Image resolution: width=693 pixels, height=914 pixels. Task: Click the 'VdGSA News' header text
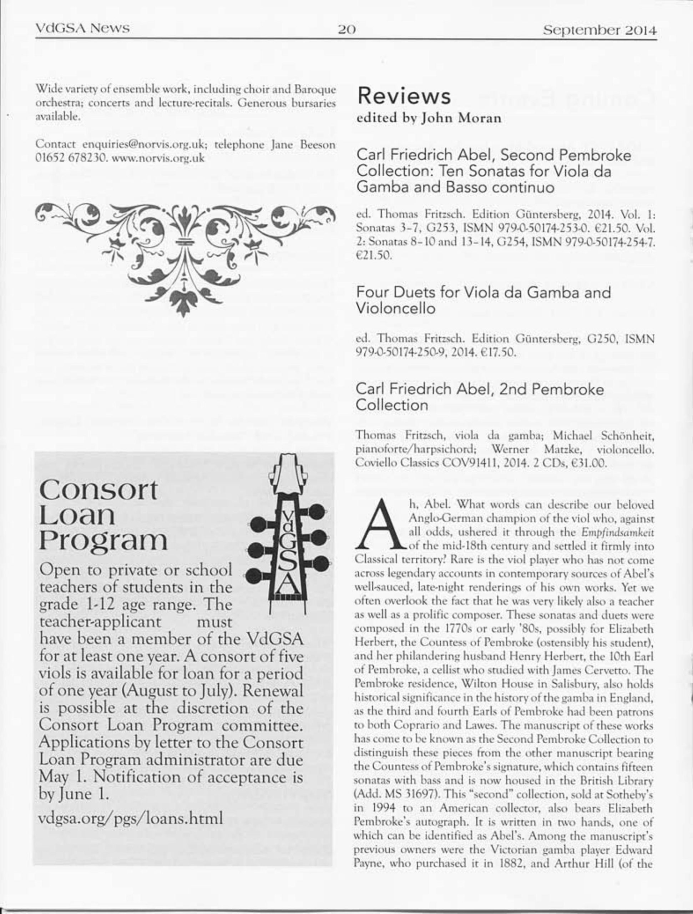click(x=82, y=29)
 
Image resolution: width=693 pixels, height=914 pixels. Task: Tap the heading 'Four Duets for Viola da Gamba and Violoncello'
click(x=483, y=300)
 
